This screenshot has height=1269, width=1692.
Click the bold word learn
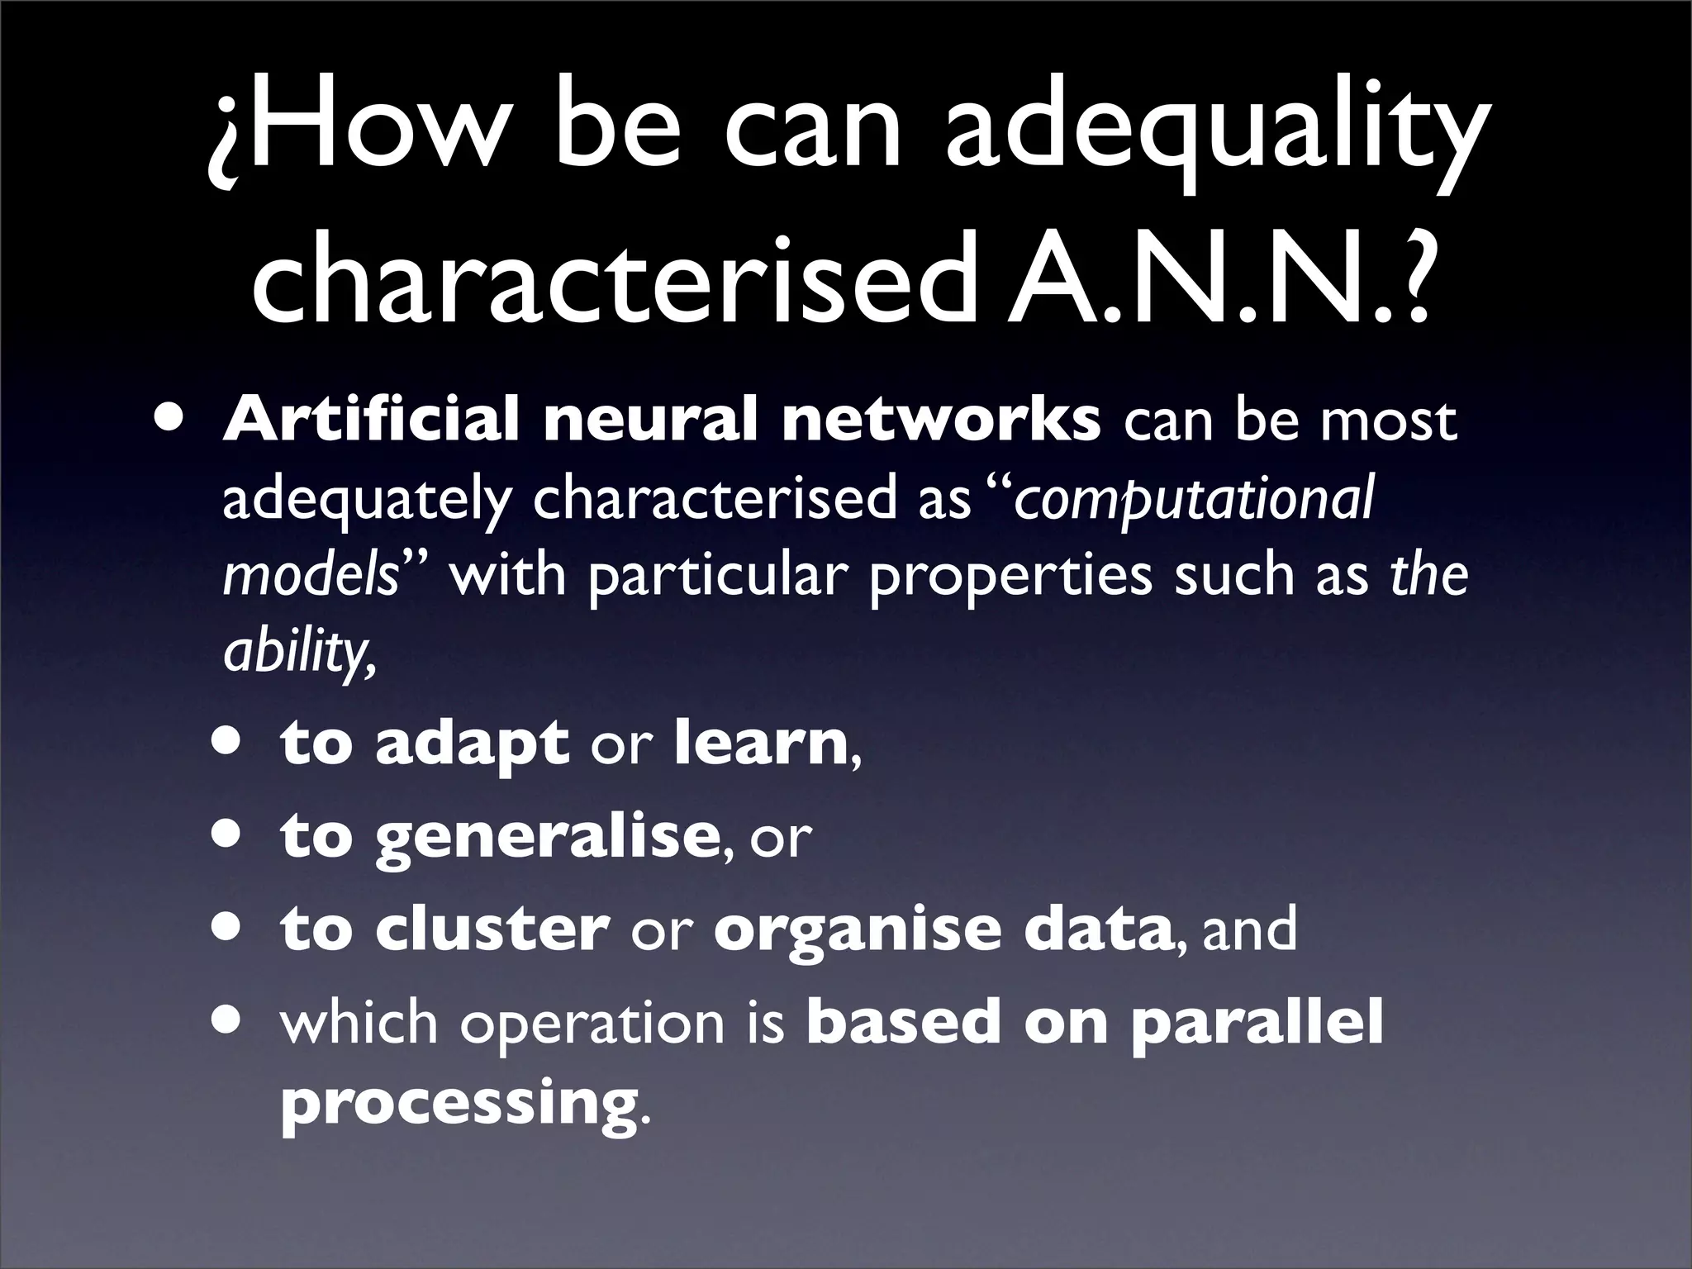[761, 743]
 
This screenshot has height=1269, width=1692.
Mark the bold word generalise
[545, 839]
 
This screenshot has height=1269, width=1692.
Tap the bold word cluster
[492, 929]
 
